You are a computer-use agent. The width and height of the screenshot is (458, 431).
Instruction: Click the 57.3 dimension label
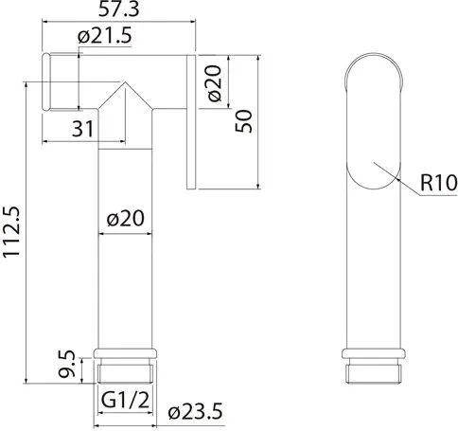(118, 9)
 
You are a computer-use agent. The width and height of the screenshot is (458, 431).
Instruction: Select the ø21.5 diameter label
(104, 35)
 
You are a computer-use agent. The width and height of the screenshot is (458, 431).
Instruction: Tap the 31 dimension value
(82, 129)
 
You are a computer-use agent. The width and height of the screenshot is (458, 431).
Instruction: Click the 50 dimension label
(244, 121)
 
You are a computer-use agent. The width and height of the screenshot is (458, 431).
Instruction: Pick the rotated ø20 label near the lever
(215, 82)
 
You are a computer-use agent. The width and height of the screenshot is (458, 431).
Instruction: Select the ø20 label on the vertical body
(126, 218)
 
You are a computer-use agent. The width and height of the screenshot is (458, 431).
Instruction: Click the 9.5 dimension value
(66, 364)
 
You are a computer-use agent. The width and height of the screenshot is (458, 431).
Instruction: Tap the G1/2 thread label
(125, 400)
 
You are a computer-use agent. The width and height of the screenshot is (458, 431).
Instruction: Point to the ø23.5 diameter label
(195, 411)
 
